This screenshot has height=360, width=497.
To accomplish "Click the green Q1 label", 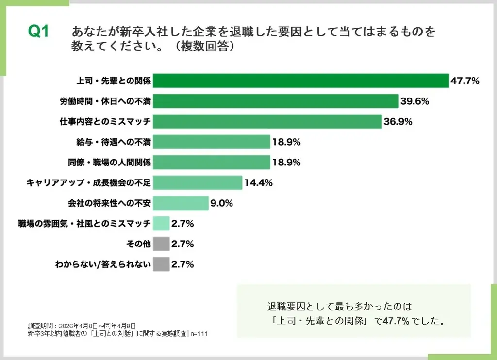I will pyautogui.click(x=38, y=32).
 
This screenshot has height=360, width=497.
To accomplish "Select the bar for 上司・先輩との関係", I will pyautogui.click(x=301, y=81).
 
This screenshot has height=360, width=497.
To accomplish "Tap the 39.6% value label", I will pyautogui.click(x=414, y=101).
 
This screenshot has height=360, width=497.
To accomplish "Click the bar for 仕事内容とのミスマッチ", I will pyautogui.click(x=267, y=121).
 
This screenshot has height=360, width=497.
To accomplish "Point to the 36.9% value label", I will pyautogui.click(x=398, y=121).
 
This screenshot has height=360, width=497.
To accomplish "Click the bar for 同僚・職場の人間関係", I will pyautogui.click(x=212, y=162).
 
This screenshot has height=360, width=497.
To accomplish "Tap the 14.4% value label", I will pyautogui.click(x=258, y=183).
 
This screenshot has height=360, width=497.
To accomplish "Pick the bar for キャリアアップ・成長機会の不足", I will pyautogui.click(x=198, y=183).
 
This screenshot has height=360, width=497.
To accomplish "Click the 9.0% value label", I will pyautogui.click(x=221, y=203).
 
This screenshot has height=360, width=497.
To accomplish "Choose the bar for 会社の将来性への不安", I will pyautogui.click(x=181, y=203).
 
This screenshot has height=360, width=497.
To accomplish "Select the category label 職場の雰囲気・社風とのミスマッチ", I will pyautogui.click(x=84, y=224).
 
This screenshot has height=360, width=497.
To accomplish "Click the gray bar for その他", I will pyautogui.click(x=161, y=244).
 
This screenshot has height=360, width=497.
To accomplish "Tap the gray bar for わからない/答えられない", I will pyautogui.click(x=161, y=264).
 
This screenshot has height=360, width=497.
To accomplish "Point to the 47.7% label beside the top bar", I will pyautogui.click(x=465, y=81).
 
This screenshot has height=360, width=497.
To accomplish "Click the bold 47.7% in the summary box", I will pyautogui.click(x=396, y=321).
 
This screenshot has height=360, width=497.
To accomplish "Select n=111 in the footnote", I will pyautogui.click(x=199, y=333).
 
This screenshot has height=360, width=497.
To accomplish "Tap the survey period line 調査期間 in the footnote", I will pyautogui.click(x=82, y=326).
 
